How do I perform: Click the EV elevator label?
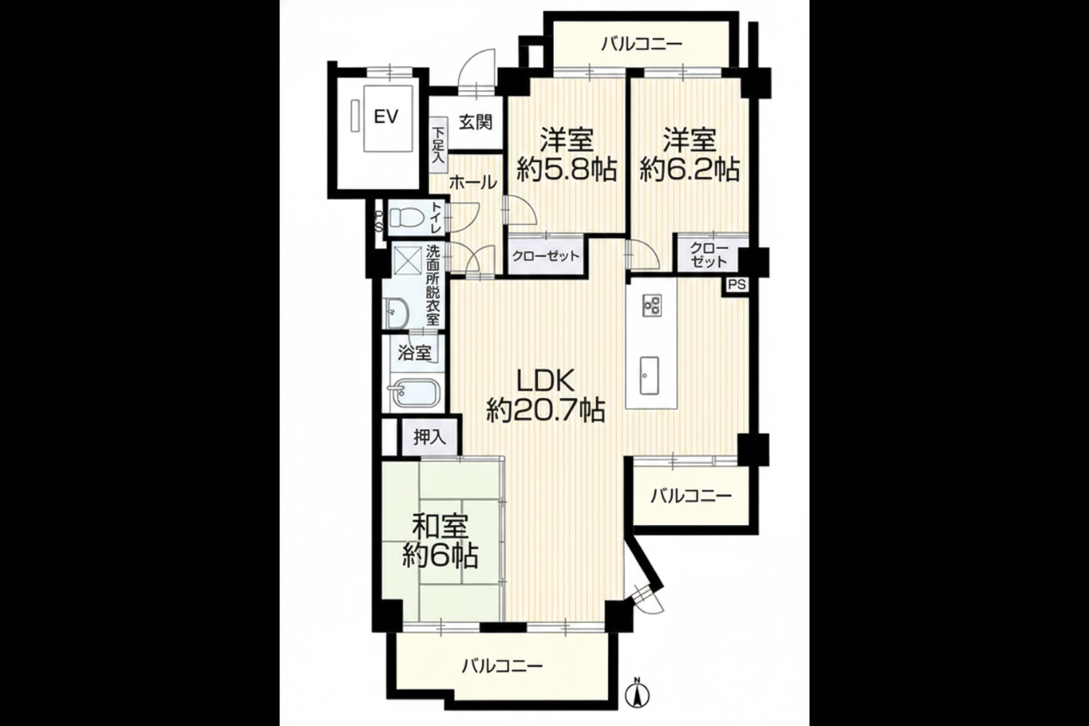click(386, 117)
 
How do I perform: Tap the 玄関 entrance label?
click(476, 122)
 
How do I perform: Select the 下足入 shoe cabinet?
click(439, 144)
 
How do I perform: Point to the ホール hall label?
click(473, 184)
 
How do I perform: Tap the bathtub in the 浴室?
click(414, 392)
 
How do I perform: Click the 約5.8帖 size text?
click(566, 170)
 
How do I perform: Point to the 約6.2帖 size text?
click(690, 170)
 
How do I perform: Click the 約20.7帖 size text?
click(545, 410)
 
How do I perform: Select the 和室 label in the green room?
click(441, 526)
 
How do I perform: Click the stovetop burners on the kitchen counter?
click(652, 306)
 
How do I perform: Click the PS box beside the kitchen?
click(737, 285)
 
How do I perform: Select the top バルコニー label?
click(641, 45)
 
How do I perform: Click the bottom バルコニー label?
click(502, 665)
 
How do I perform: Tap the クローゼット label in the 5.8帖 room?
click(545, 256)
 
